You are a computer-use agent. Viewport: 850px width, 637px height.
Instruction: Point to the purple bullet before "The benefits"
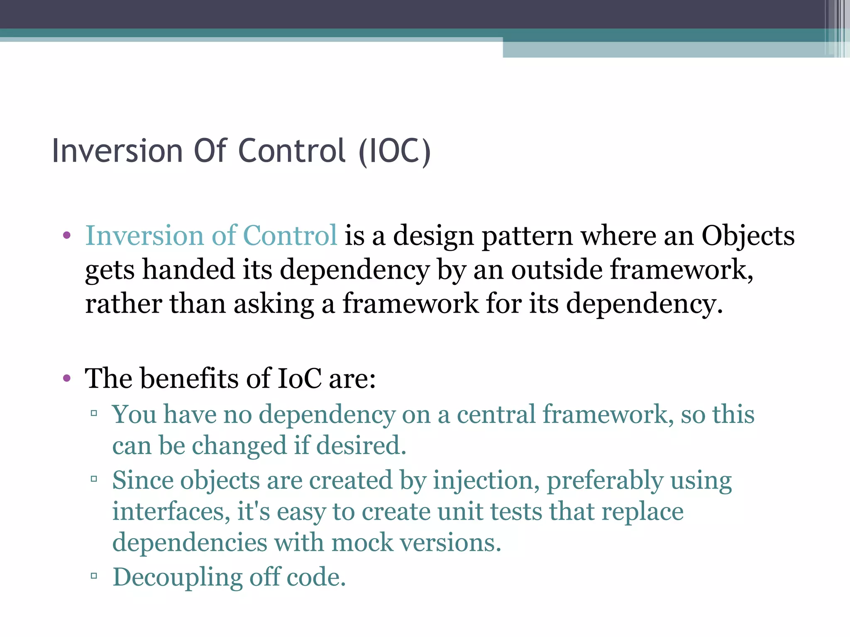tap(67, 378)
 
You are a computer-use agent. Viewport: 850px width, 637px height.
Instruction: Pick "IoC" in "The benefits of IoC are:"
tap(299, 378)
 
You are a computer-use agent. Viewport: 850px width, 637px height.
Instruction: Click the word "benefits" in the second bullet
tap(189, 378)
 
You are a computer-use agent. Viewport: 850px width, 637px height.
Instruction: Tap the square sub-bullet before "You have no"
tap(94, 413)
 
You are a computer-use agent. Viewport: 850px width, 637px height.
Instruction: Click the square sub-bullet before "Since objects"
tap(94, 479)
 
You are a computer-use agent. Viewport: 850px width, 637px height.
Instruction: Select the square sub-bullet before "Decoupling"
tap(94, 576)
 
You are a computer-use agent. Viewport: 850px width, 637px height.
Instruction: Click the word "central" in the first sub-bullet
tap(496, 414)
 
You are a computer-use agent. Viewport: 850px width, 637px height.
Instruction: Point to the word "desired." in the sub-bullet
tap(361, 445)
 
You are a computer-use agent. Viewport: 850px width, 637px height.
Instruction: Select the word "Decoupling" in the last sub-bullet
tap(177, 577)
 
